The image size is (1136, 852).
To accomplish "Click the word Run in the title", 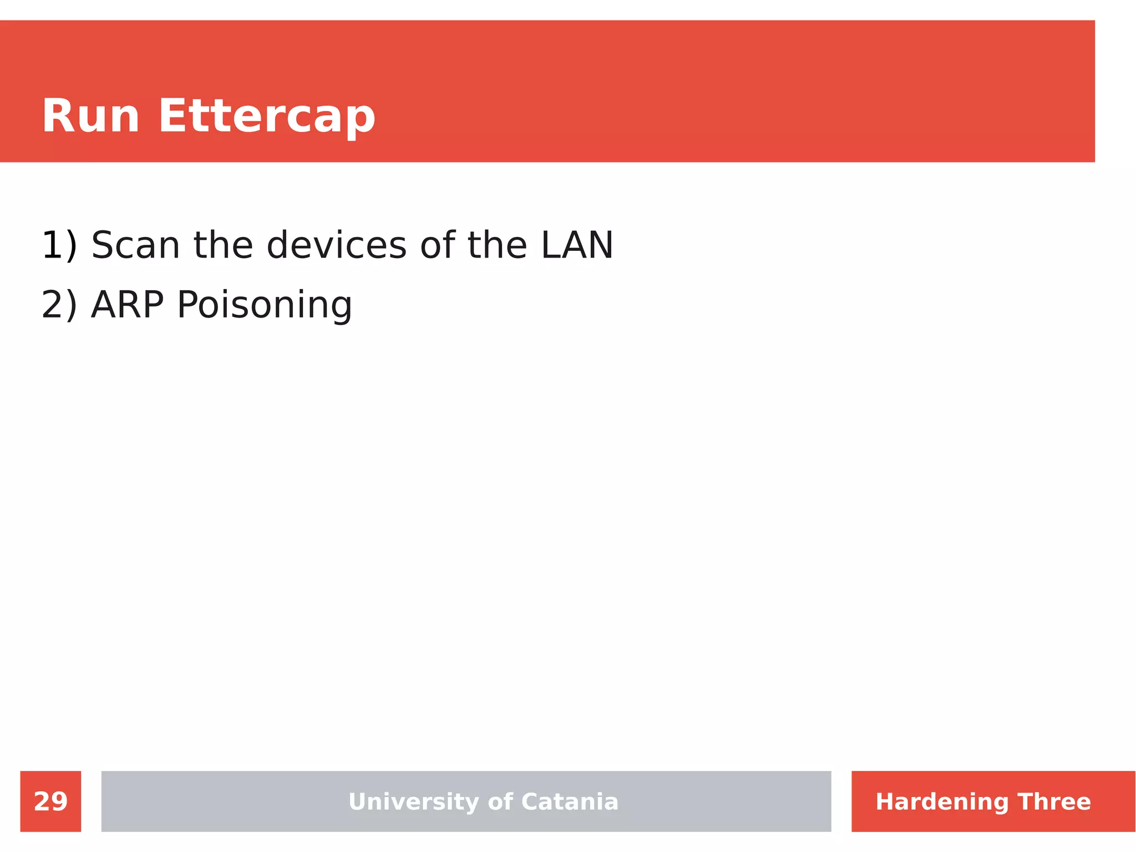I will tap(90, 117).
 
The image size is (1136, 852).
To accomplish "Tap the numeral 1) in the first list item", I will tap(59, 245).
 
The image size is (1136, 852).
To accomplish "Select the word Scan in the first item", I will tap(135, 245).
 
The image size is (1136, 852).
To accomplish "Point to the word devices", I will tap(336, 245).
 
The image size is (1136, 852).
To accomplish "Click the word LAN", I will tap(577, 245).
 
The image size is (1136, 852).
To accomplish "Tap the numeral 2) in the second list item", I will tap(59, 305).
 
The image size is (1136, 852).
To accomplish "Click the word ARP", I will tap(128, 305).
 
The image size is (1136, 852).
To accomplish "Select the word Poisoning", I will tap(264, 306).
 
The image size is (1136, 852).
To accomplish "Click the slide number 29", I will tap(50, 801).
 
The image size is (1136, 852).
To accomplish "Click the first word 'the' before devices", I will tap(223, 245).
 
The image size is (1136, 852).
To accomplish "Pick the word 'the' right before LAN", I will tap(497, 245).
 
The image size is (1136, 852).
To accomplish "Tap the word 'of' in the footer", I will tap(500, 801).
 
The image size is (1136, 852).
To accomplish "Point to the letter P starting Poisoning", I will tap(187, 305).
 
